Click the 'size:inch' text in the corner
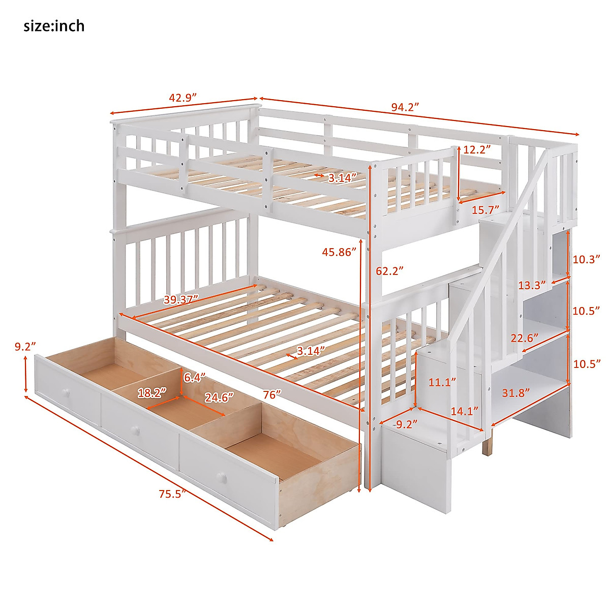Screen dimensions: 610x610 click(54, 26)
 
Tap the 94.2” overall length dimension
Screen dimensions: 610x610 click(405, 107)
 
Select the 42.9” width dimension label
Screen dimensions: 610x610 click(182, 98)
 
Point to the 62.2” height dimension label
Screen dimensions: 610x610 click(389, 271)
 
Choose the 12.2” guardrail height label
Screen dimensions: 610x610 click(477, 149)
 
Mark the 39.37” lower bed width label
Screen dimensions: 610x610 click(181, 299)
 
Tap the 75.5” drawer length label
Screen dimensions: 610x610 click(170, 494)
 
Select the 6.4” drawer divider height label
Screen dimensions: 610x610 click(194, 378)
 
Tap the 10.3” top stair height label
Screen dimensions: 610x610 click(584, 259)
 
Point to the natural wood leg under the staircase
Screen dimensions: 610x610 click(488, 442)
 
